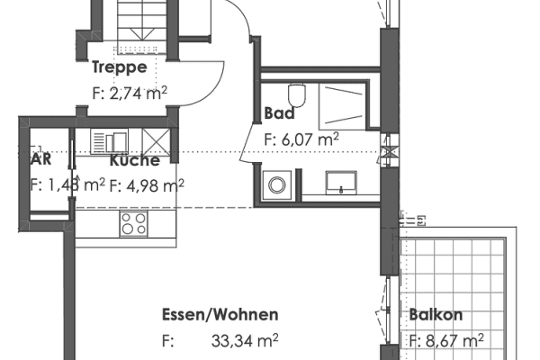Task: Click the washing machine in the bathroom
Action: [275, 184]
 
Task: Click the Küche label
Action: [135, 161]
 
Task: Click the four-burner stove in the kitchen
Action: [135, 222]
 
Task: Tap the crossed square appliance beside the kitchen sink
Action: [153, 142]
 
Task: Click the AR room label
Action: [40, 160]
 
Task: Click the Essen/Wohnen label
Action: [220, 315]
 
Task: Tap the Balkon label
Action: [436, 315]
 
